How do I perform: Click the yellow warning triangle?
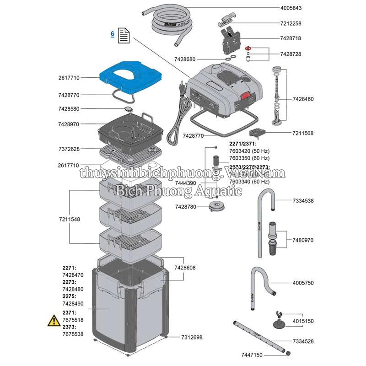pyautogui.click(x=54, y=320)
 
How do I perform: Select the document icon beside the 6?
pyautogui.click(x=124, y=35)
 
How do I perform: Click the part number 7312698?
pyautogui.click(x=192, y=337)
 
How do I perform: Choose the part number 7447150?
pyautogui.click(x=252, y=355)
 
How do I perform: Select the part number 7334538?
pyautogui.click(x=303, y=200)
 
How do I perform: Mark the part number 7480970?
pyautogui.click(x=303, y=240)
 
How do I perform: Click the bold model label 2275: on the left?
pyautogui.click(x=70, y=296)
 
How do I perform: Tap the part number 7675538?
pyautogui.click(x=73, y=334)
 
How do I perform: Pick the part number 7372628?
pyautogui.click(x=69, y=149)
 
